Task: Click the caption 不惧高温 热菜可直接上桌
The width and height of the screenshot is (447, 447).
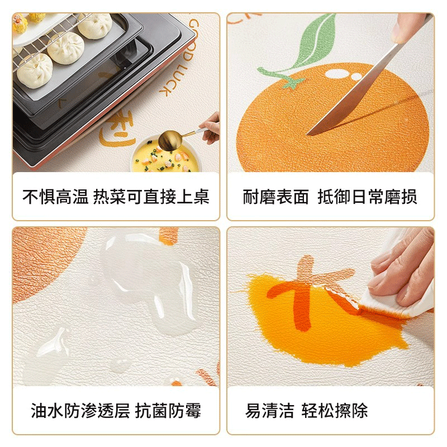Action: tap(116, 197)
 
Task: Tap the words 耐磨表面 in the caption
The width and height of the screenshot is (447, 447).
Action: tap(276, 197)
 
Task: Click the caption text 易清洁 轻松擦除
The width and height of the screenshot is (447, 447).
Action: tap(307, 412)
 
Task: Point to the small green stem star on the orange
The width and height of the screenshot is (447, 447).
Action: tap(291, 83)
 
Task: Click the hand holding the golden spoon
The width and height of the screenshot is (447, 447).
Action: tap(211, 126)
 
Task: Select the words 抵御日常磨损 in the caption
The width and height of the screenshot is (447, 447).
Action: tap(367, 197)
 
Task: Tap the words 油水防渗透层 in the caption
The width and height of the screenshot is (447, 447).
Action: tap(80, 412)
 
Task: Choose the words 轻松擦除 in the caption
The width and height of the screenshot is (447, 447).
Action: tap(335, 412)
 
